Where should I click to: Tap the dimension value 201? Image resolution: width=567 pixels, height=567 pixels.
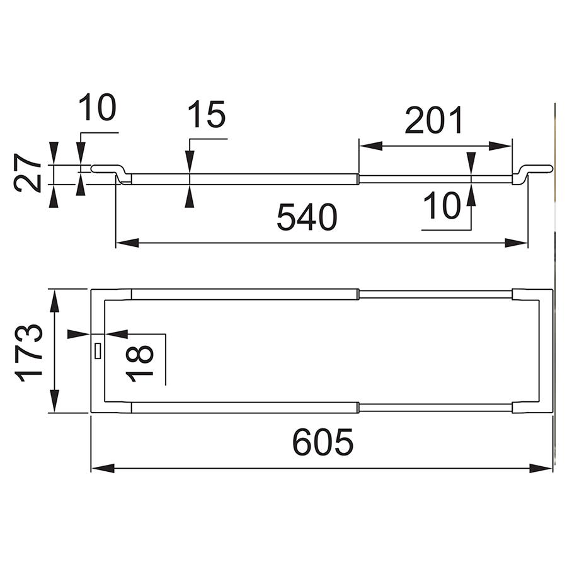point(434,120)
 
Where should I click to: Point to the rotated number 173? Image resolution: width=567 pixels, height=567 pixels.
point(29,353)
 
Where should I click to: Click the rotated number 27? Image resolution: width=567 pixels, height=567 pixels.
point(27,173)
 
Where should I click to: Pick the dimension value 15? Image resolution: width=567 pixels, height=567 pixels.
point(207,114)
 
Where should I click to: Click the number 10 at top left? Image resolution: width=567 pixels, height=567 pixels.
point(97,107)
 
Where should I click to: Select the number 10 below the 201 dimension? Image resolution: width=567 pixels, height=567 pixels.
point(442,205)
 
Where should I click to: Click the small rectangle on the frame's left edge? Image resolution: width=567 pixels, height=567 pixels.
point(98,351)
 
